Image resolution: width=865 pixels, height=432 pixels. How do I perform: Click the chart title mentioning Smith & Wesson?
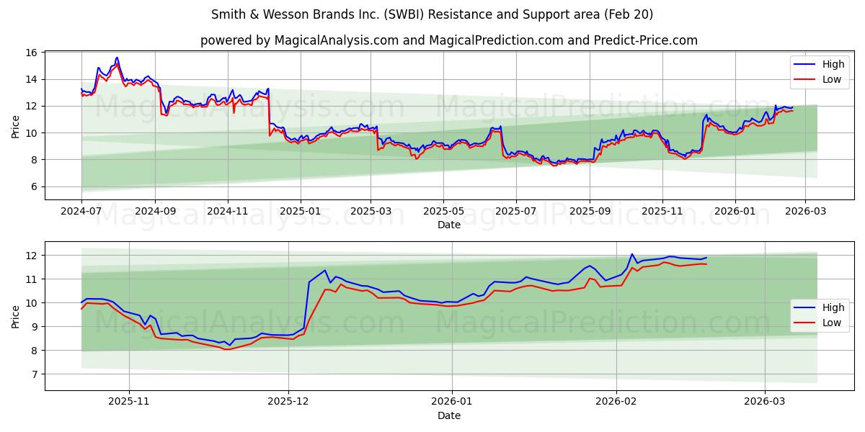coord(432,14)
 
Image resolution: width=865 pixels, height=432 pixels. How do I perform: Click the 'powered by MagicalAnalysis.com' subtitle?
coord(448,40)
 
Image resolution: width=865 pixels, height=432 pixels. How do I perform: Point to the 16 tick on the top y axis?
coord(31,53)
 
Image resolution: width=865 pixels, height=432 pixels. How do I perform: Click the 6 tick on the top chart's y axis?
coord(34,186)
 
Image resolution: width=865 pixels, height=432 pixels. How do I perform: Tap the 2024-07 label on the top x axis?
coord(81,212)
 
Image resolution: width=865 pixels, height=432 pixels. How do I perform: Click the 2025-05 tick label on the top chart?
coord(443,212)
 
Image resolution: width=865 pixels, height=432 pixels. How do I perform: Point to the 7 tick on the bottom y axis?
coord(34,374)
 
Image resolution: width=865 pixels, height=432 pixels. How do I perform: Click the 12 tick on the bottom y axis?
coord(31,256)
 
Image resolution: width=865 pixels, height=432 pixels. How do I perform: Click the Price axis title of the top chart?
coord(16,126)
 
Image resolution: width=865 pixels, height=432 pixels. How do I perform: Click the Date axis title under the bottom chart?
coord(448,415)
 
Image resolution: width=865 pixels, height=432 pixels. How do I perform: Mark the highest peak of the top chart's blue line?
coord(117,58)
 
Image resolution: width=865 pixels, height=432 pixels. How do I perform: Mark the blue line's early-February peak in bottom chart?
coord(631,254)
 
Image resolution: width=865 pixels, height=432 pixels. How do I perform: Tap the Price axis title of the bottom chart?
coord(16,316)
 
